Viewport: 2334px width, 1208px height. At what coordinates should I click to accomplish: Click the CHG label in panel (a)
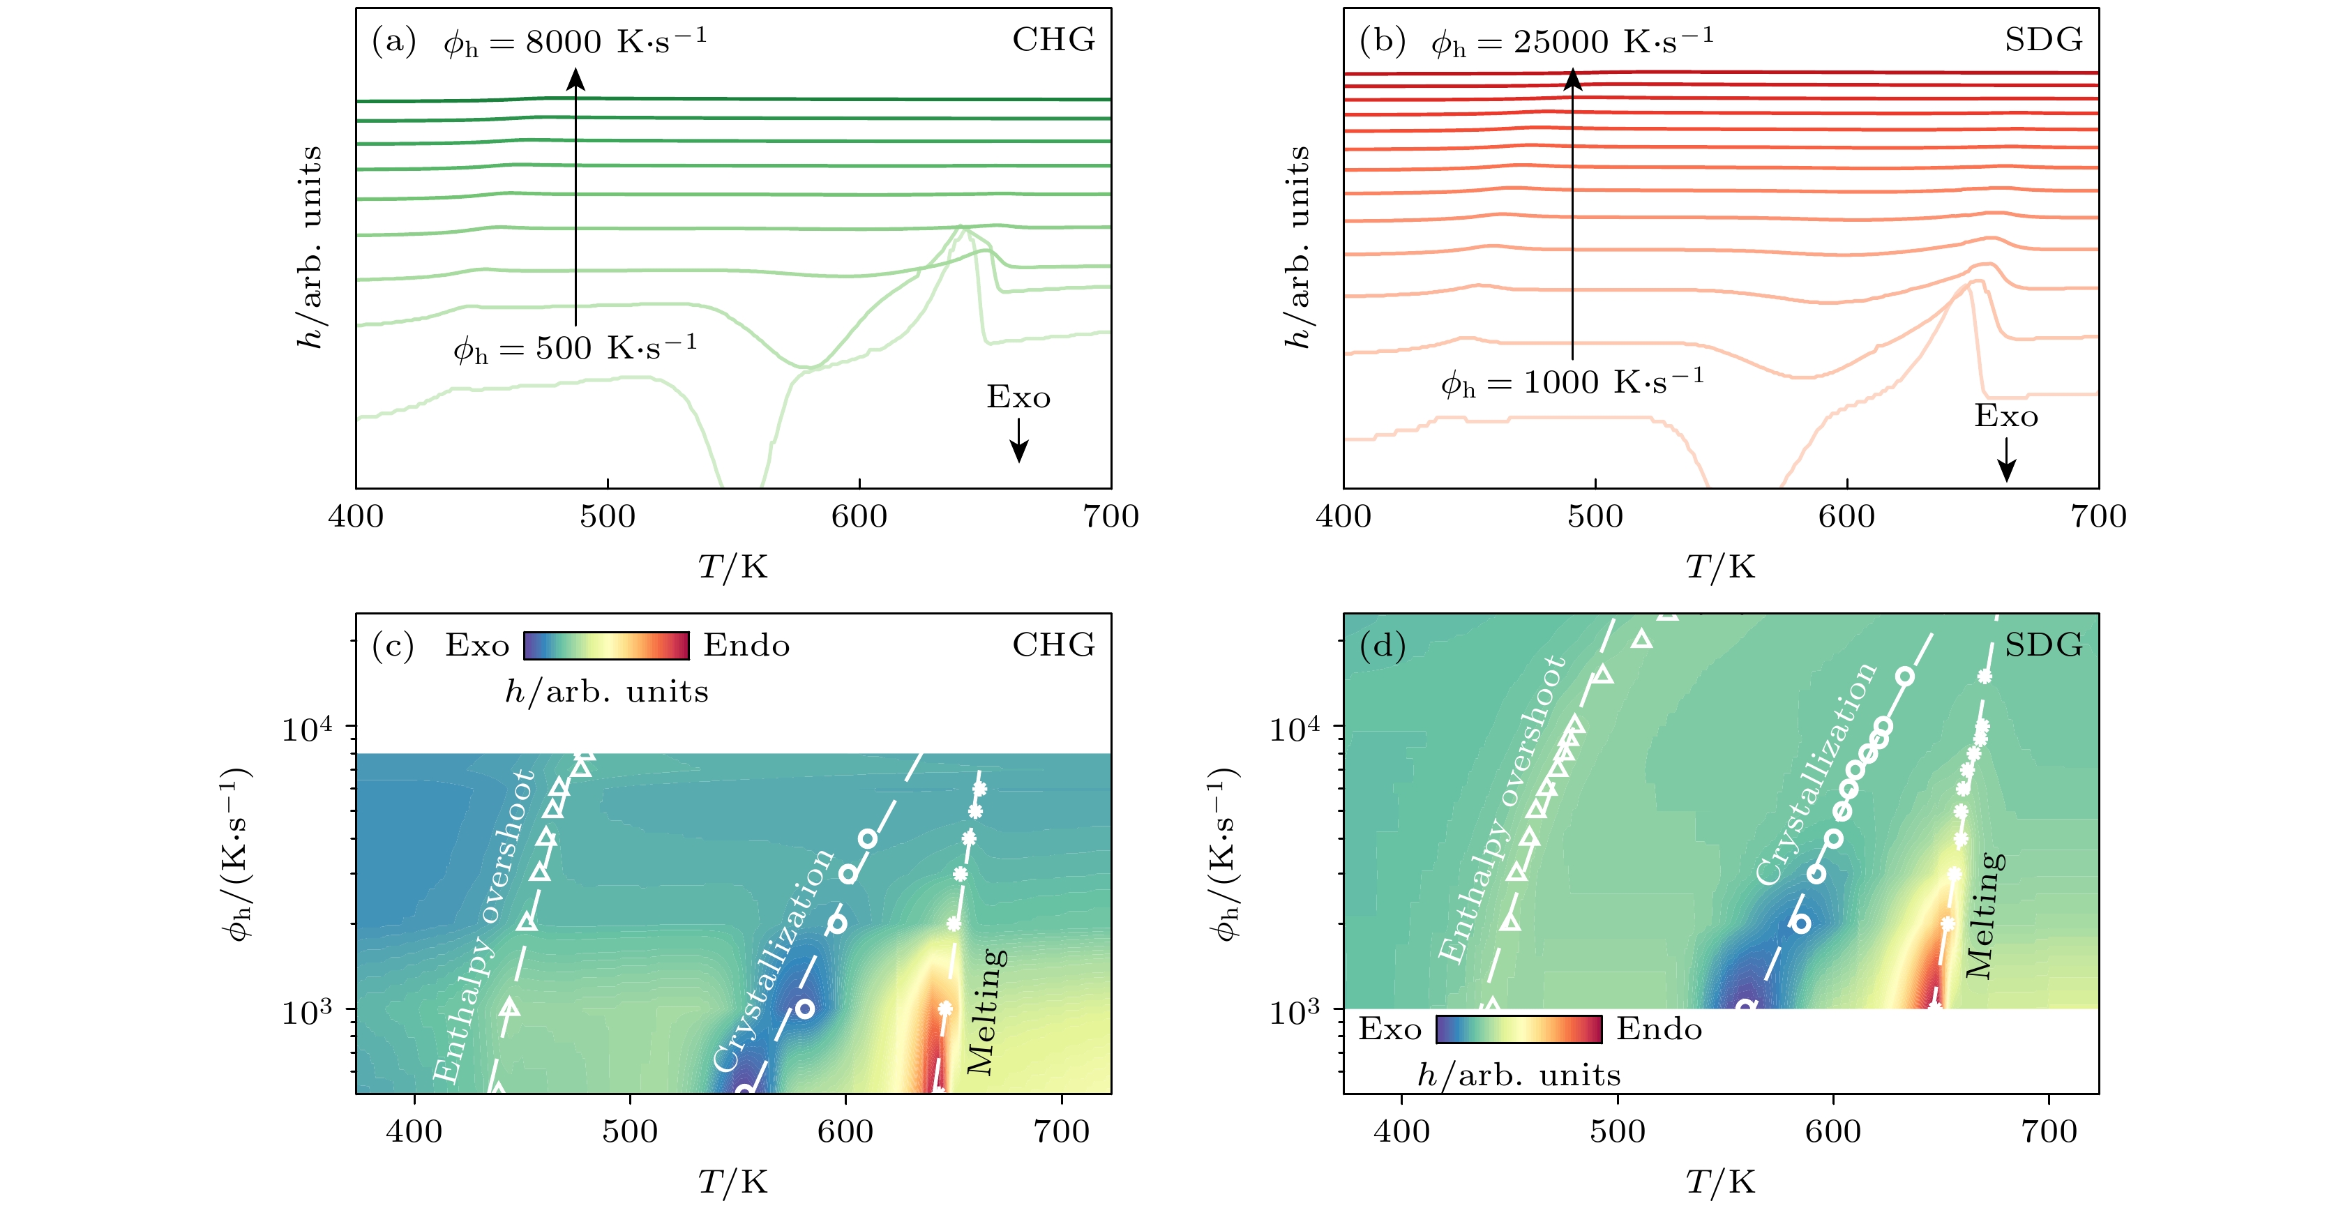point(1053,40)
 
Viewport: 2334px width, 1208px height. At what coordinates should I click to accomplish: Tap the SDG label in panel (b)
point(2042,40)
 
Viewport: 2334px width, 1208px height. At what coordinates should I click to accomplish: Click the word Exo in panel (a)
point(1018,398)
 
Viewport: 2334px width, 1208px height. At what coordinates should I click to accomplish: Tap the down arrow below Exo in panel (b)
point(2006,460)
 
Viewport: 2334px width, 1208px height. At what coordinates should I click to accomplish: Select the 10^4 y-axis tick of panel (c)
point(306,727)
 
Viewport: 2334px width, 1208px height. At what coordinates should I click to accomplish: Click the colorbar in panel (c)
point(606,645)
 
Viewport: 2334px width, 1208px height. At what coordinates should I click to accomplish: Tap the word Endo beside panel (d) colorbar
point(1659,1029)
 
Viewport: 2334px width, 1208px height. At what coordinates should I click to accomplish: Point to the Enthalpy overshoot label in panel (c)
point(484,926)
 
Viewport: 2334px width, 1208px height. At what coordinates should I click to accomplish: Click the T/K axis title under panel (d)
point(1719,1181)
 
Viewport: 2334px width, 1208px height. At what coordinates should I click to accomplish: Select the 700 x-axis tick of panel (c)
point(1061,1132)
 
